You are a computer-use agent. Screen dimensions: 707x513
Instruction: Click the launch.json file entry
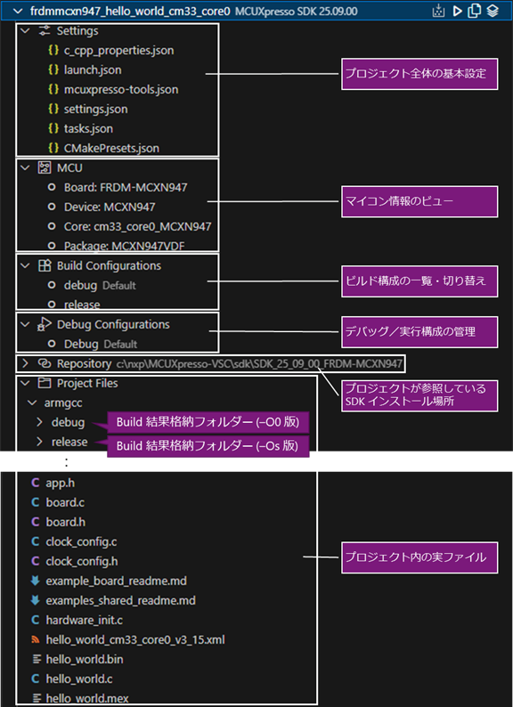[93, 69]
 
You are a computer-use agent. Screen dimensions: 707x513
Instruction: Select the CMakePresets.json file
[111, 148]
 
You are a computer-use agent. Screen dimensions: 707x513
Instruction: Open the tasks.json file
[88, 128]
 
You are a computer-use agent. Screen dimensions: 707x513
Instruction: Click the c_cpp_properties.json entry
[118, 50]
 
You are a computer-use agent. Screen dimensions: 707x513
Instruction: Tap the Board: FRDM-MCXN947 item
[126, 187]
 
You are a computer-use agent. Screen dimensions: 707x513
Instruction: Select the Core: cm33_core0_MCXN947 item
[137, 226]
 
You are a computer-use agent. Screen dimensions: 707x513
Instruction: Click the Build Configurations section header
[109, 265]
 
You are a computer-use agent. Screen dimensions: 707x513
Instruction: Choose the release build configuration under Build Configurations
[82, 305]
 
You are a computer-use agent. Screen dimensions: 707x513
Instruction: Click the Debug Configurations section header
[113, 324]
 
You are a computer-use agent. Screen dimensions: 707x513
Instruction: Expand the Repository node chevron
[24, 364]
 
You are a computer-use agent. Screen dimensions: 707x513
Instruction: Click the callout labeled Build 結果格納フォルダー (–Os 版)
[208, 445]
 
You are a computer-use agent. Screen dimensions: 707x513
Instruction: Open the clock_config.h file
[81, 561]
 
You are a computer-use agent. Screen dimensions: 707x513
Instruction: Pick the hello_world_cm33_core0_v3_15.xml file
[134, 639]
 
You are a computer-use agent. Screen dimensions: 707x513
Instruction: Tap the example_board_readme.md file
[116, 581]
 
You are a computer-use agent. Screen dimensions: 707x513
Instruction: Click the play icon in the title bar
[457, 11]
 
